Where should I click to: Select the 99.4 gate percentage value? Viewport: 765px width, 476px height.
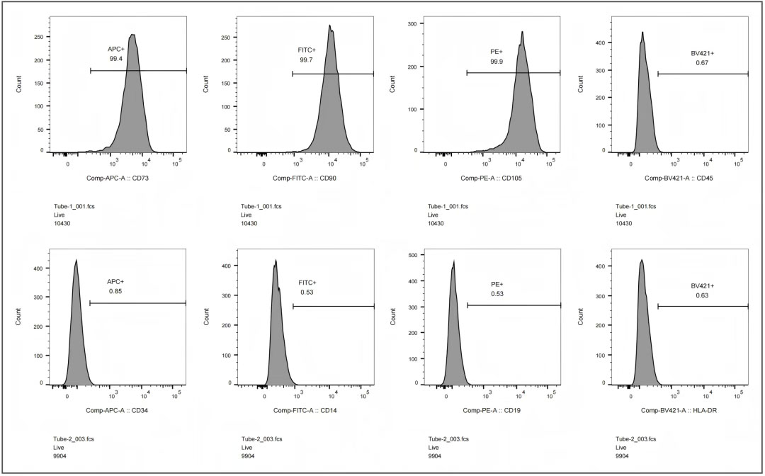[x=116, y=59]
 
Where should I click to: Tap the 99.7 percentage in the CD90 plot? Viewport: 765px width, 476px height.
[x=307, y=60]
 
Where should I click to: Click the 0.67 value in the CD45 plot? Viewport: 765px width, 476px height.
[x=702, y=63]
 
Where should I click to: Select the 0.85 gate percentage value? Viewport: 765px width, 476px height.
[x=116, y=291]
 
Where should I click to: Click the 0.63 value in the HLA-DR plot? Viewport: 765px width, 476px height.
[x=702, y=295]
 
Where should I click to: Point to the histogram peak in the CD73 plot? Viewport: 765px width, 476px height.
[x=132, y=35]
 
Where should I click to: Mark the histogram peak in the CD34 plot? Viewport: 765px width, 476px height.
[x=76, y=261]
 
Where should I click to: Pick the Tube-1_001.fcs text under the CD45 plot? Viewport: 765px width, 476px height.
[x=636, y=206]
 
